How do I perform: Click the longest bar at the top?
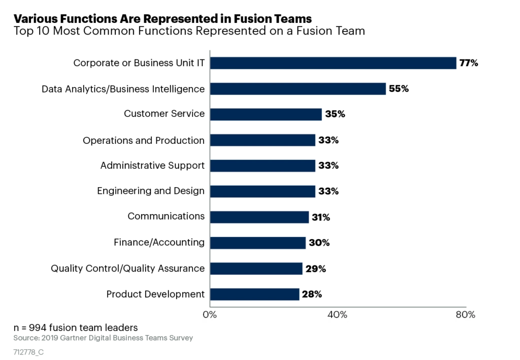coord(333,63)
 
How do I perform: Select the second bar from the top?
coord(299,89)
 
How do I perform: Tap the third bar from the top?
coord(266,114)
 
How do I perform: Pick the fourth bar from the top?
coord(263,140)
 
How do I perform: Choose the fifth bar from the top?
coord(263,166)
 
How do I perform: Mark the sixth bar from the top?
coord(263,191)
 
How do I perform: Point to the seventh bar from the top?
coord(260,217)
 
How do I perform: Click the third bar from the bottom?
coord(258,243)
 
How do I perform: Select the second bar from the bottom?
coord(256,268)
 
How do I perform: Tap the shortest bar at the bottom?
coord(254,294)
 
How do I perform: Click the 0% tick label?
coord(210,315)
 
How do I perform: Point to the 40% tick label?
coord(337,315)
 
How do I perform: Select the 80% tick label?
coord(465,315)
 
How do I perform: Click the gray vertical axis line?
coord(208,178)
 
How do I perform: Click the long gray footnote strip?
coord(103,338)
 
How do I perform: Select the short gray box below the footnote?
coord(28,352)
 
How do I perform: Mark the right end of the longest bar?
coord(456,63)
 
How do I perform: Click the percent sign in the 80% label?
coord(471,315)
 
